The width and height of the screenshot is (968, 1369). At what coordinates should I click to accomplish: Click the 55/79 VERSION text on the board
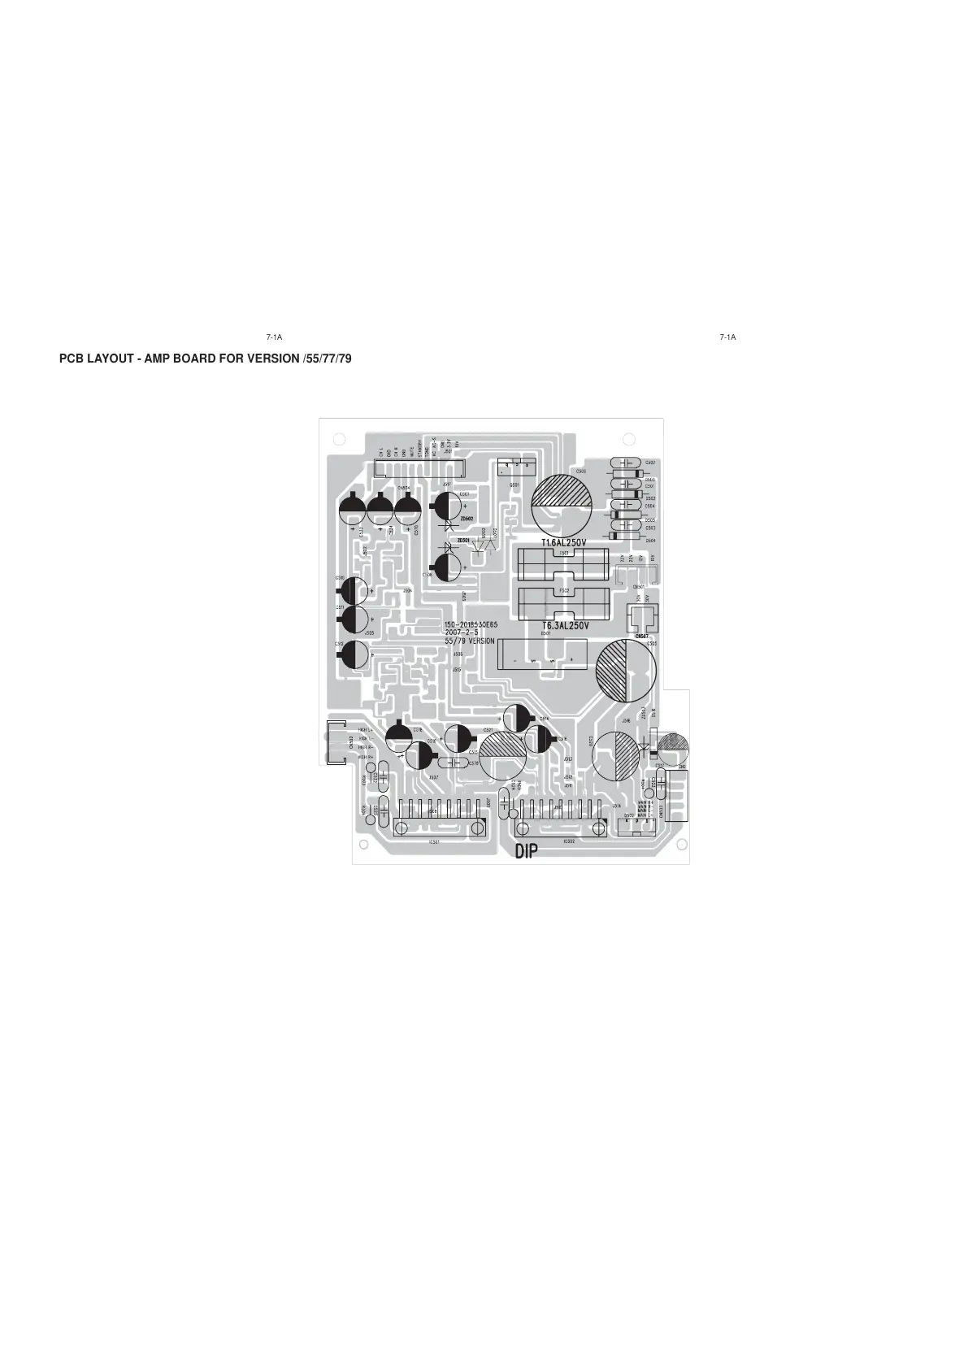[470, 641]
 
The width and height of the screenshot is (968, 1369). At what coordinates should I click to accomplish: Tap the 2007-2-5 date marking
[461, 633]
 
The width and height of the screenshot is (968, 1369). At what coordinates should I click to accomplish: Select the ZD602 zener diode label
[466, 518]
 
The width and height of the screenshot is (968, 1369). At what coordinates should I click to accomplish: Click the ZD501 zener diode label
[463, 540]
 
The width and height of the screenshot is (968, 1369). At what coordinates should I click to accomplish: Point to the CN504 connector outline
[418, 468]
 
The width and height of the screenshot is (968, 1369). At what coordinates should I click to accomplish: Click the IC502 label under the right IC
[569, 842]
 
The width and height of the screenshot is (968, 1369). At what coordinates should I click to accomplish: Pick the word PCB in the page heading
[72, 359]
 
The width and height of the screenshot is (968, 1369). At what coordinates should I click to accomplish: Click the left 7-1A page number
[274, 337]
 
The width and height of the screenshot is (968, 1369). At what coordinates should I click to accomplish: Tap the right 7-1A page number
[727, 337]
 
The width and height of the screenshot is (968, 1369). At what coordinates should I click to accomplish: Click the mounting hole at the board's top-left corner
[339, 439]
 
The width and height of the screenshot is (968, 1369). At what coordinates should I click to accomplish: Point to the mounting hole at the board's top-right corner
[628, 439]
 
